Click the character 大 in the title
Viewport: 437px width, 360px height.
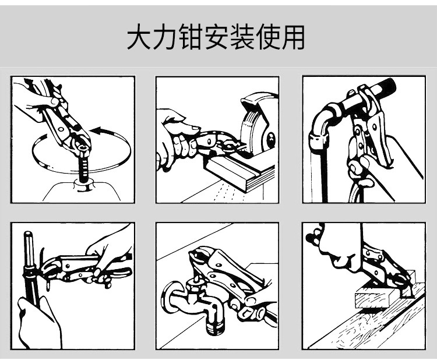click(x=140, y=37)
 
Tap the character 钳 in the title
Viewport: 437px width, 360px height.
click(x=191, y=37)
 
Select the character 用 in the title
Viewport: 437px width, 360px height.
click(x=292, y=37)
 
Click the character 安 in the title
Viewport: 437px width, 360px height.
click(x=216, y=37)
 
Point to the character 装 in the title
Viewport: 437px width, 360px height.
click(x=241, y=37)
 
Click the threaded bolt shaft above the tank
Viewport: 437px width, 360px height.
click(x=83, y=168)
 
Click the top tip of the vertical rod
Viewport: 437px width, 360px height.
click(x=28, y=232)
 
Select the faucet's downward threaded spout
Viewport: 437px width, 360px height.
click(x=214, y=319)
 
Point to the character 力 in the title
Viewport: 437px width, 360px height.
click(x=165, y=37)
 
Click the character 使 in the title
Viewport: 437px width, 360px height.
click(x=267, y=37)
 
